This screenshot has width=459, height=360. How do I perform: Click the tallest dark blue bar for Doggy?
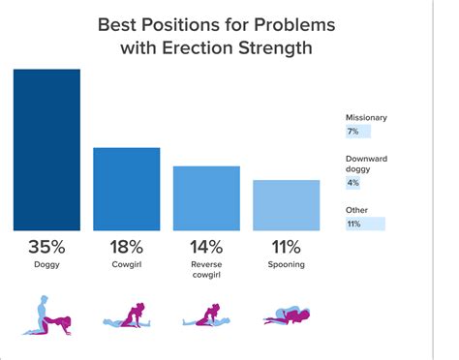click(46, 149)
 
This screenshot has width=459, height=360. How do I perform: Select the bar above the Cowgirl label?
click(126, 189)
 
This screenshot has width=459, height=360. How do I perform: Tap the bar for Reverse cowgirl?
click(206, 197)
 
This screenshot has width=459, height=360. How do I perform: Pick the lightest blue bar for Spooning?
click(286, 204)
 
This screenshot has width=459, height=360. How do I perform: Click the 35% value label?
click(46, 248)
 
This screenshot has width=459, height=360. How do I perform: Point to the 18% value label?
click(126, 248)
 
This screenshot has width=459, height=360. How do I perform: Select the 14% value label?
click(206, 248)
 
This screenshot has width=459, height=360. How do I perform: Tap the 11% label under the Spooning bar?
click(286, 248)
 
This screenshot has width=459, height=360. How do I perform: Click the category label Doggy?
click(46, 264)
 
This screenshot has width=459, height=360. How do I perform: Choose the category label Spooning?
click(286, 264)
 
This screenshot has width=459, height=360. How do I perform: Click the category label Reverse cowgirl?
click(206, 270)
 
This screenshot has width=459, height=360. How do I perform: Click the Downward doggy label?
click(365, 165)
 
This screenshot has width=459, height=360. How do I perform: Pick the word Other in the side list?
click(356, 209)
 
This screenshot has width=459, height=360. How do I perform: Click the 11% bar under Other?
click(365, 224)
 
